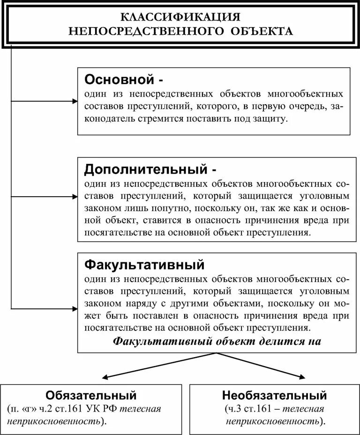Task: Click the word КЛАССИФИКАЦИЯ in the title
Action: (181, 17)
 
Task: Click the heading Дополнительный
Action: (145, 168)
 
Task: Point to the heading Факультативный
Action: (144, 265)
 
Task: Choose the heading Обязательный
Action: (91, 394)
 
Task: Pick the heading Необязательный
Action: (275, 394)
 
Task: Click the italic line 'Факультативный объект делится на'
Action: (217, 341)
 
